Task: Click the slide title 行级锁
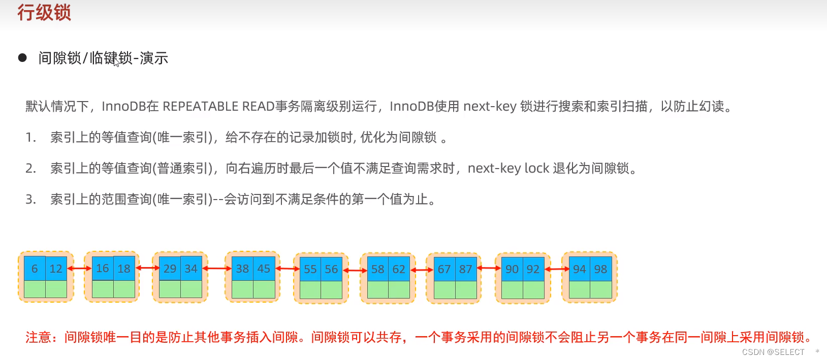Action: pyautogui.click(x=44, y=13)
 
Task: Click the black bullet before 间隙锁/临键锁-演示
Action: pyautogui.click(x=22, y=58)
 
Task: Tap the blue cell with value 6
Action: pyautogui.click(x=35, y=269)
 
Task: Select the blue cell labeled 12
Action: pyautogui.click(x=56, y=269)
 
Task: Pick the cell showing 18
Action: pyautogui.click(x=124, y=269)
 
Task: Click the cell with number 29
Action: pyautogui.click(x=170, y=269)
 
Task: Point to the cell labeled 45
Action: pyautogui.click(x=264, y=269)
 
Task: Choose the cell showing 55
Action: pyautogui.click(x=310, y=269)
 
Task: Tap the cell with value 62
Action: pyautogui.click(x=399, y=269)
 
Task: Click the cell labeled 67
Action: pyautogui.click(x=444, y=269)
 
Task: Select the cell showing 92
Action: pyautogui.click(x=533, y=269)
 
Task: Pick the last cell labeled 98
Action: pyautogui.click(x=600, y=269)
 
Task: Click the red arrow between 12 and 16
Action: pyautogui.click(x=79, y=268)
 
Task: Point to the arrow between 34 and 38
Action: pyautogui.click(x=217, y=268)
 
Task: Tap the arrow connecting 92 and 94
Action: pyautogui.click(x=557, y=269)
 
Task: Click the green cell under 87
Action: pyautogui.click(x=466, y=289)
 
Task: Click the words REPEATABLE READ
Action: pyautogui.click(x=218, y=106)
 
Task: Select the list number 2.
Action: pyautogui.click(x=30, y=168)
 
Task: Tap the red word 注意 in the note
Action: pyautogui.click(x=39, y=337)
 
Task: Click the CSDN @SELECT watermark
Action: pyautogui.click(x=773, y=352)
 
